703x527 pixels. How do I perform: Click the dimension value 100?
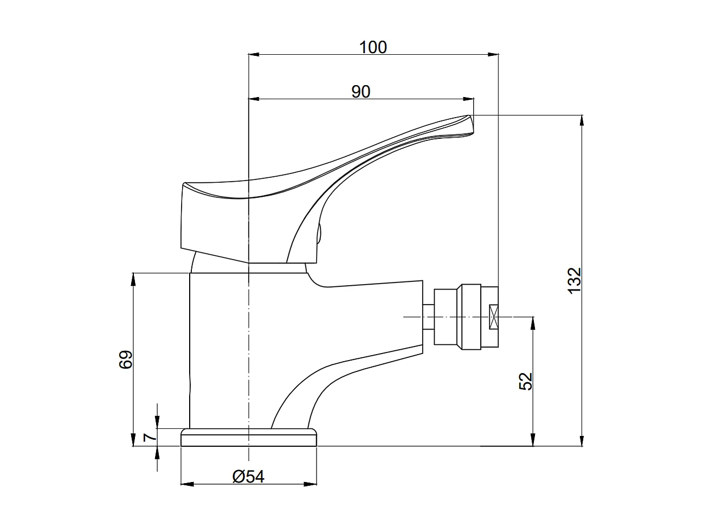(x=373, y=48)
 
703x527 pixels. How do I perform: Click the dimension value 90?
(x=360, y=92)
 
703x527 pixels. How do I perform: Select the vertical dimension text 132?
(x=575, y=280)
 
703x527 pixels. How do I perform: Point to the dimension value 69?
(x=126, y=359)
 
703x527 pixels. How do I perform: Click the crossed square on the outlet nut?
(x=493, y=317)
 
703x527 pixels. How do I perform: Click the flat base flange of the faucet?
(x=249, y=438)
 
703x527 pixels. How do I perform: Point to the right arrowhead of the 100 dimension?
(x=494, y=54)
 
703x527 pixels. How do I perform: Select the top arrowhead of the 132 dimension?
(x=582, y=120)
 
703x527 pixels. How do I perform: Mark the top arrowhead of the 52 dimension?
(x=533, y=322)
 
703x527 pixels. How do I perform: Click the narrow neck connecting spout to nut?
(x=428, y=317)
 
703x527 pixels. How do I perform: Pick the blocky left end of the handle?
(x=195, y=217)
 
